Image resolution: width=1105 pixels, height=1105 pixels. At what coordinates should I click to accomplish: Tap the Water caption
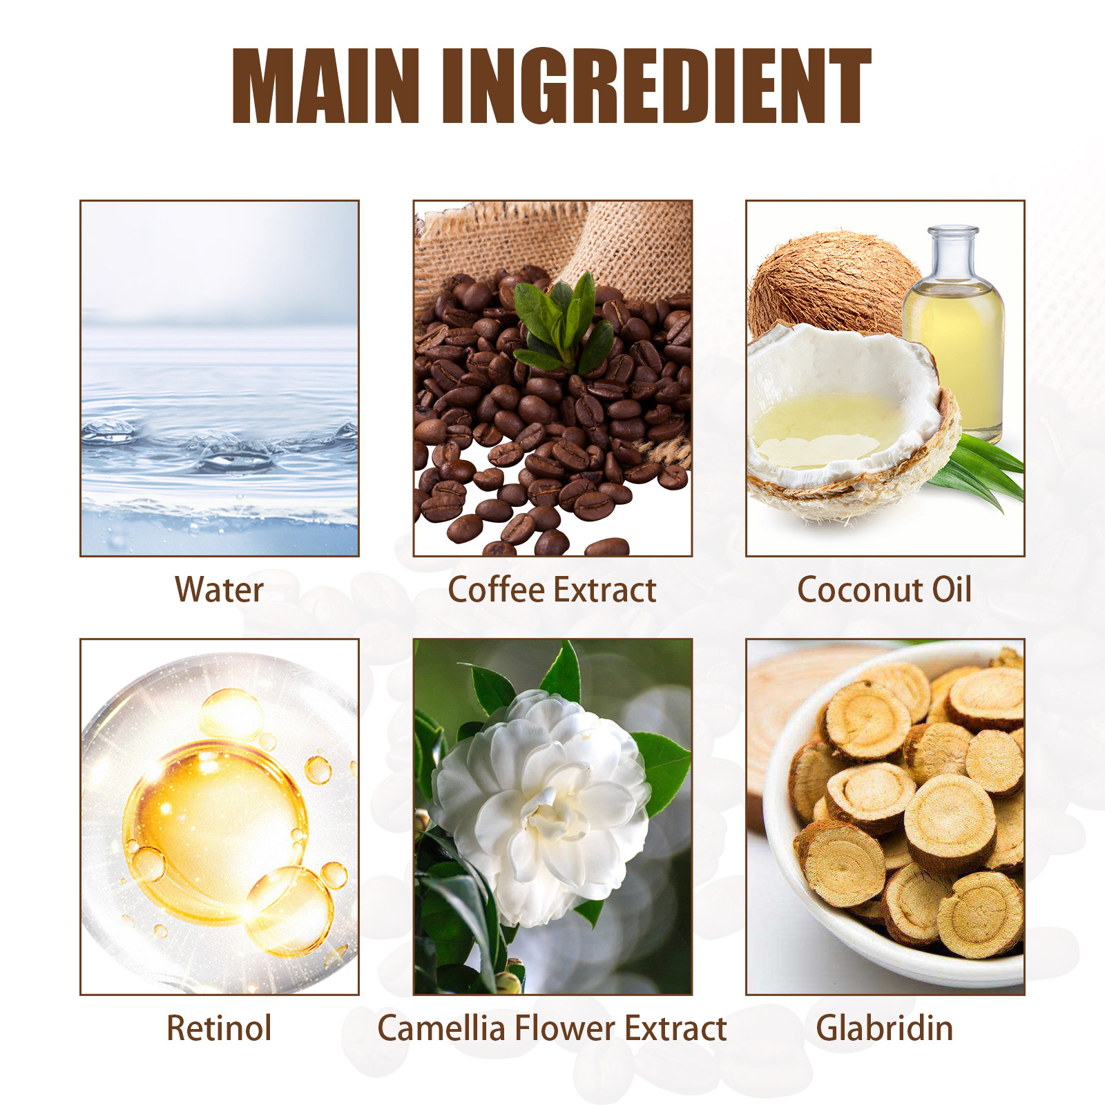pyautogui.click(x=219, y=590)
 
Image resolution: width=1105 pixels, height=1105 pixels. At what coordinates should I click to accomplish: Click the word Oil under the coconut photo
pyautogui.click(x=952, y=590)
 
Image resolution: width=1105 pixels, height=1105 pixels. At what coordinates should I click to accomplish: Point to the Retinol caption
pyautogui.click(x=219, y=1028)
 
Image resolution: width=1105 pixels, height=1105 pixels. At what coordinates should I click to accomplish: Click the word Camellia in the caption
pyautogui.click(x=441, y=1028)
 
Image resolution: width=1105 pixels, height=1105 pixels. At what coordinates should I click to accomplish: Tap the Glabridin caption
pyautogui.click(x=885, y=1028)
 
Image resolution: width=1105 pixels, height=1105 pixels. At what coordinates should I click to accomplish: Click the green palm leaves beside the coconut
pyautogui.click(x=981, y=470)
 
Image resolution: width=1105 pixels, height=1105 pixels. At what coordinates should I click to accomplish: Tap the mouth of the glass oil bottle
pyautogui.click(x=953, y=231)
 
